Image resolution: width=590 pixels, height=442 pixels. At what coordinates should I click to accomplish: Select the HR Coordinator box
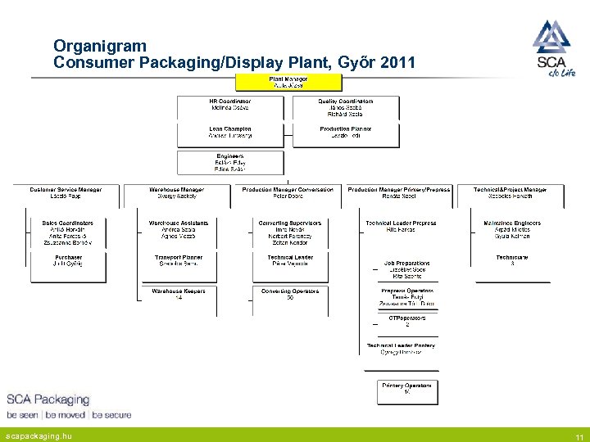pos(230,108)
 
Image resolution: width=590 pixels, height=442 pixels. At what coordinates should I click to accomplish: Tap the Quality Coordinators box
pos(346,108)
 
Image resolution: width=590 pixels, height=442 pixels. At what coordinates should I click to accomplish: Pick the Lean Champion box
pos(230,133)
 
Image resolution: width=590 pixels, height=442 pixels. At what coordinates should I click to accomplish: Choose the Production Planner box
pos(346,133)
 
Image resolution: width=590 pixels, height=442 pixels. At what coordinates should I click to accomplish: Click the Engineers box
pos(230,161)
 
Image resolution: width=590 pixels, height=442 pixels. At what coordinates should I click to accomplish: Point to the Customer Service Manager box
pos(66,194)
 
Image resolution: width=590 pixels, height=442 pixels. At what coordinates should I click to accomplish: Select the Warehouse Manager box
pos(177,194)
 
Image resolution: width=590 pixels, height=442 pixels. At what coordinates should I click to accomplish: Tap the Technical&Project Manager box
pos(511,194)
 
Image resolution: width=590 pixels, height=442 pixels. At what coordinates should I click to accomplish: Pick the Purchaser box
pos(68,261)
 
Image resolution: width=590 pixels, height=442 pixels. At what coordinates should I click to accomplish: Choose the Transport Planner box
pos(179,261)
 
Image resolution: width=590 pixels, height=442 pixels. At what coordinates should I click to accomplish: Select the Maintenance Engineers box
pos(512,230)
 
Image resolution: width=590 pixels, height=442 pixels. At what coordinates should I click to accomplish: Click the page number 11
pos(579,437)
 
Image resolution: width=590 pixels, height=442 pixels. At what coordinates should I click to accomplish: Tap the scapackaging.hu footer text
pos(39,436)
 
